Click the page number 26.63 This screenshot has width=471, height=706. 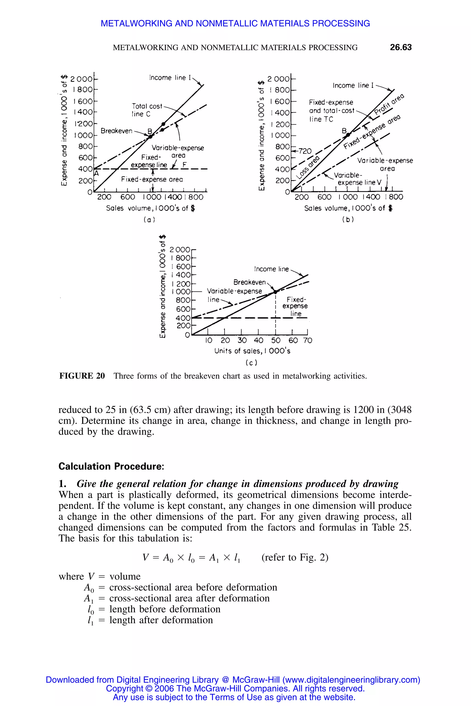pos(400,47)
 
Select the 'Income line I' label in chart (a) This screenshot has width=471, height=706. pos(170,78)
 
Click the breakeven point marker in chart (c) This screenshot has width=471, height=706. pos(275,292)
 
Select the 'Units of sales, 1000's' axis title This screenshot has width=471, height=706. pos(252,351)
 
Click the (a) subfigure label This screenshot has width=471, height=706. pos(149,220)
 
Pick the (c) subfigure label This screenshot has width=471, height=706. pos(251,363)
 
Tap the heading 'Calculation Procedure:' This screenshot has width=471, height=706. pos(111,466)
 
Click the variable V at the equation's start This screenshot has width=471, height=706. pos(145,557)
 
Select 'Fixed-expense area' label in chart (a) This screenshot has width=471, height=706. pos(152,179)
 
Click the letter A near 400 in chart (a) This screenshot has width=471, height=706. pos(96,174)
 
